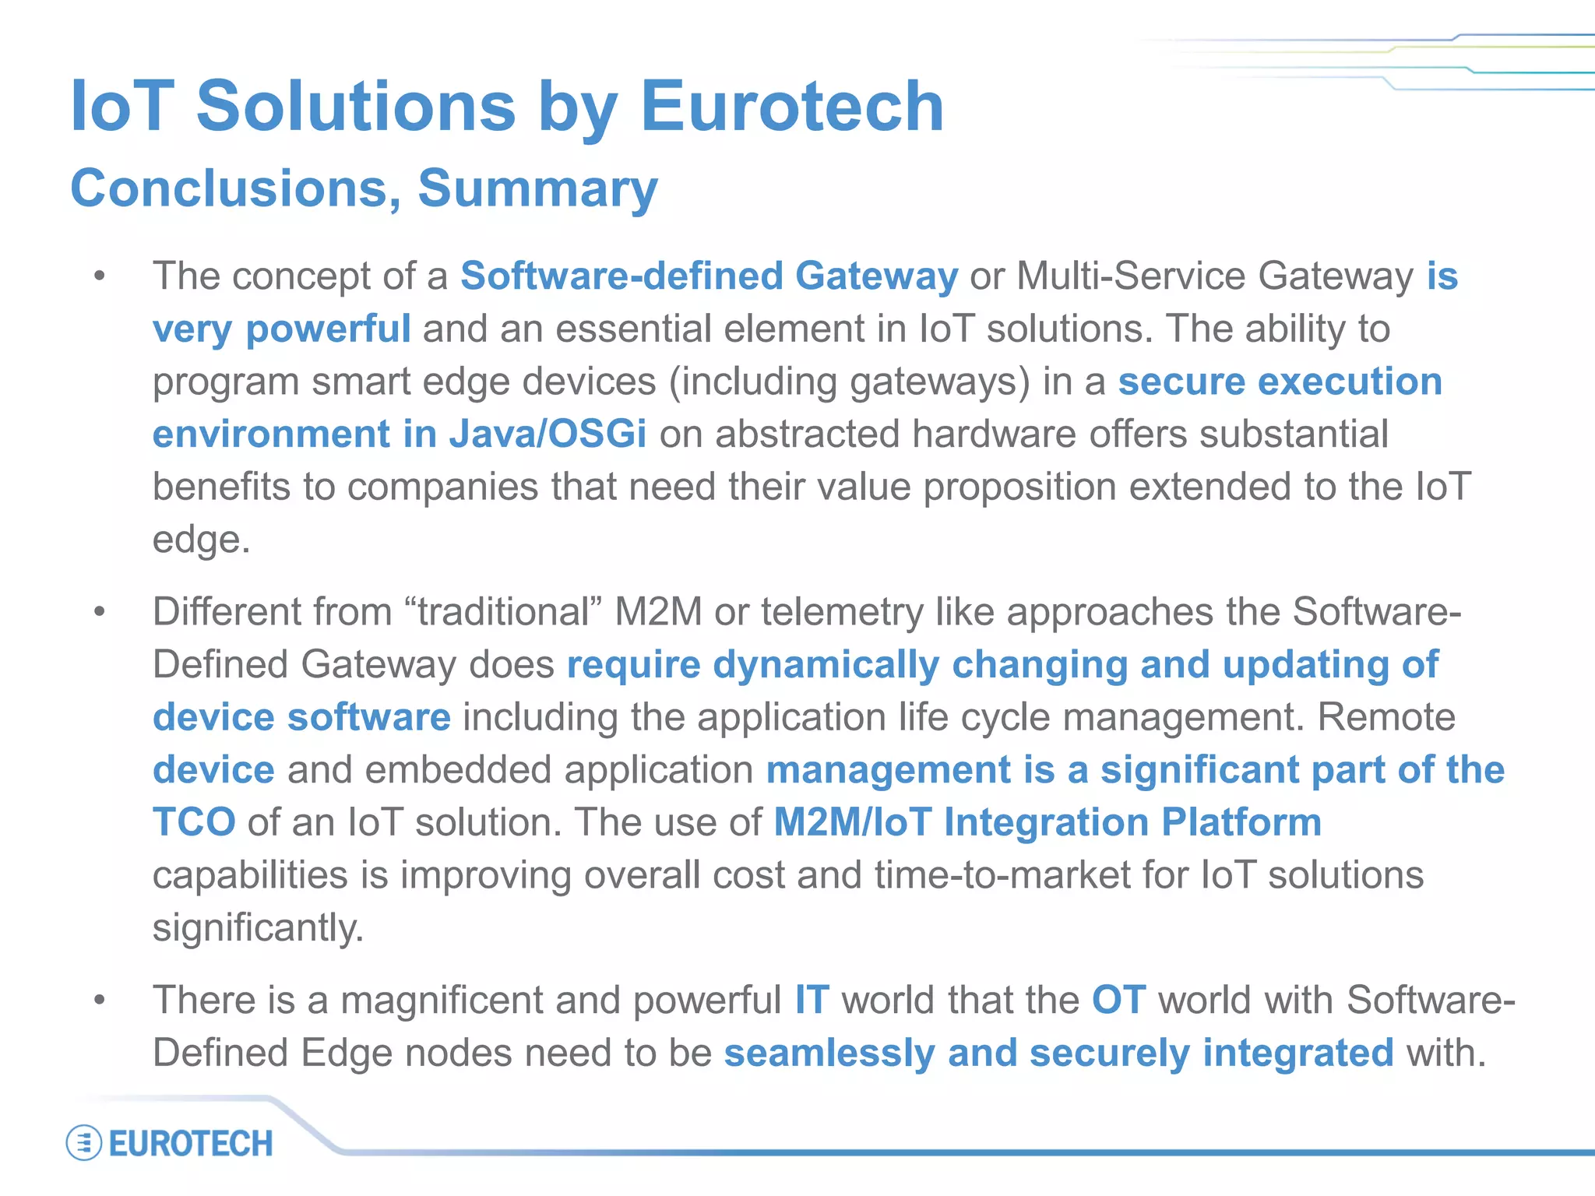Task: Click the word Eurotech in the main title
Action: tap(792, 107)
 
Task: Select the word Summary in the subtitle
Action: tap(537, 189)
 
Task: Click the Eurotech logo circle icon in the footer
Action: tap(84, 1143)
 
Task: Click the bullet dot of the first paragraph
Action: tap(99, 276)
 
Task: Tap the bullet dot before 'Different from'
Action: tap(99, 612)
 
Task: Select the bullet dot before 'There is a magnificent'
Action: tap(99, 1001)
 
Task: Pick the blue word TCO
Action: tap(194, 822)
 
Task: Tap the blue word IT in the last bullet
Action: tap(812, 1001)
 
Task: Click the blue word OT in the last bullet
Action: tap(1118, 1001)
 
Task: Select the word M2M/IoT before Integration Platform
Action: tap(853, 822)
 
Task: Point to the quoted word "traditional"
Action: tap(504, 612)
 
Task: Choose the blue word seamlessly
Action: tap(829, 1054)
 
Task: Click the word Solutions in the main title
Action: tap(356, 107)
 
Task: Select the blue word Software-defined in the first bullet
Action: tap(621, 276)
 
